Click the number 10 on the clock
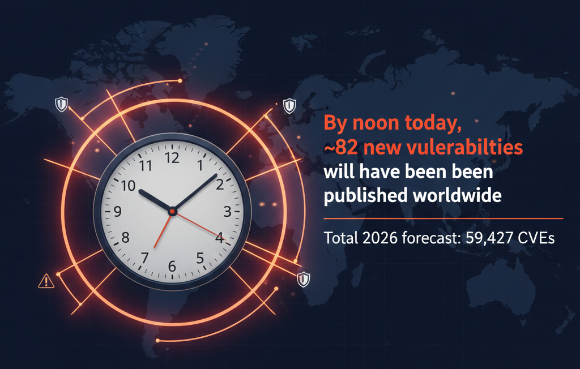129,186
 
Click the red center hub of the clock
173,211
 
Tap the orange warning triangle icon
45,280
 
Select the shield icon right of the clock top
289,105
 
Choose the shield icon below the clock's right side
304,278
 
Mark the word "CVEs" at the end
538,238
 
